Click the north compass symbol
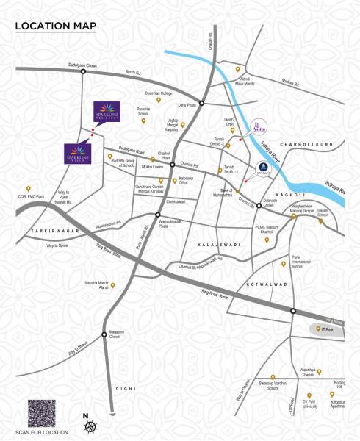86,426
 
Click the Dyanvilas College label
157,93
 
